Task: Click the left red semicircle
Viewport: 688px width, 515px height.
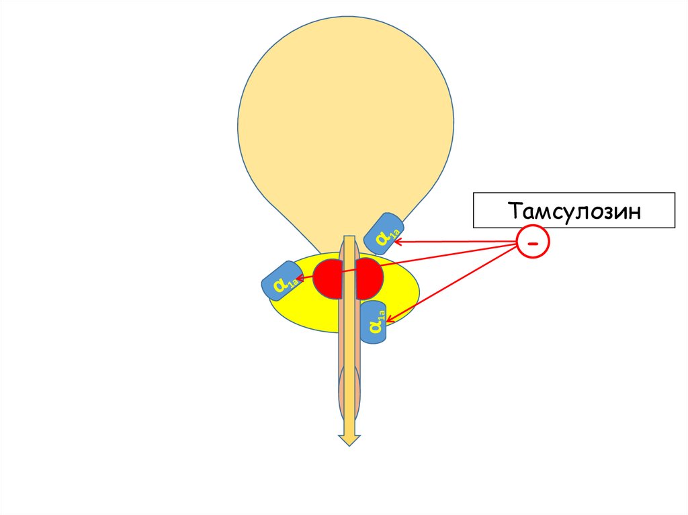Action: pyautogui.click(x=328, y=278)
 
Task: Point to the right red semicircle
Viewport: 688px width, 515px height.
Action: pyautogui.click(x=370, y=278)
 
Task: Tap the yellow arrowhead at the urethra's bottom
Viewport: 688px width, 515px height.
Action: pyautogui.click(x=349, y=439)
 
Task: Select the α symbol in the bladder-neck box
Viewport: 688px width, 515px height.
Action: pyautogui.click(x=381, y=236)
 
